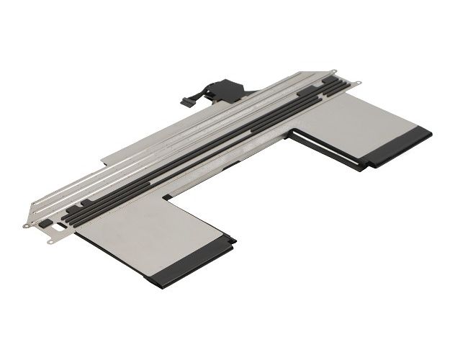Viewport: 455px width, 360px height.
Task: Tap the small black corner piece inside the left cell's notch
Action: click(x=167, y=196)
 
